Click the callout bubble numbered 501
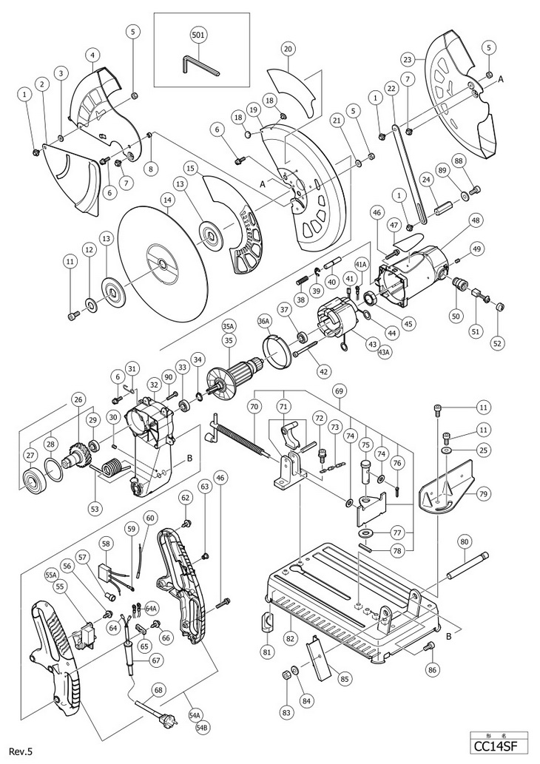coord(199,35)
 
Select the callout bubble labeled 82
coord(291,625)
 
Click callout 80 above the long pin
coord(464,541)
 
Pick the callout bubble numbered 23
coord(408,60)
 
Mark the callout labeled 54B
coord(202,728)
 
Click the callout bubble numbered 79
coord(483,495)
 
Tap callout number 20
coord(288,49)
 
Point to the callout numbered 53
coord(95,509)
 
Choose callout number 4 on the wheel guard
coord(92,55)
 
